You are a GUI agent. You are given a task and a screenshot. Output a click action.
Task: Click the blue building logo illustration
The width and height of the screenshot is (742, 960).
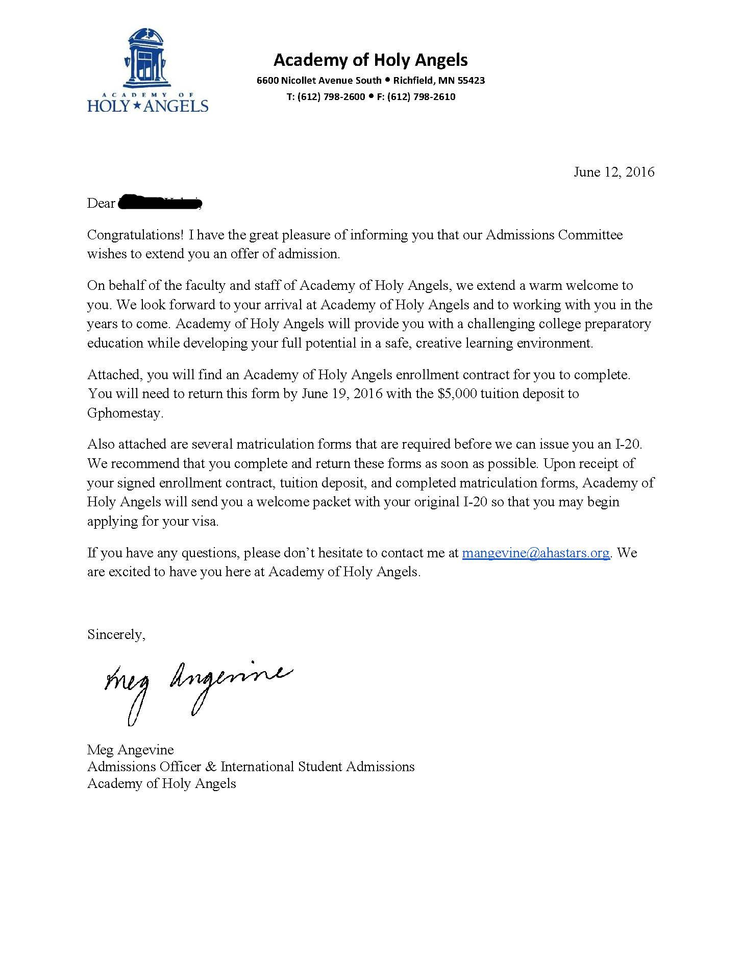[147, 58]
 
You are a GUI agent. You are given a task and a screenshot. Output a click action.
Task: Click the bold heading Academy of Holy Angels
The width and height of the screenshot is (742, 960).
[370, 60]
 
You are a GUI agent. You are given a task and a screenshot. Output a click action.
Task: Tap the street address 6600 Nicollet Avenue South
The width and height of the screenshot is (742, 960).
[319, 80]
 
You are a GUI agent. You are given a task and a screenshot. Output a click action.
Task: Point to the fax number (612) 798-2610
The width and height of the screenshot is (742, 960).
[421, 96]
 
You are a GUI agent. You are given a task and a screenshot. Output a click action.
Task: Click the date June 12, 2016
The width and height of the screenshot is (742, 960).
[614, 172]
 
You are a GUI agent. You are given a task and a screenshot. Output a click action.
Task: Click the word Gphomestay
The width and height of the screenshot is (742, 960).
[125, 413]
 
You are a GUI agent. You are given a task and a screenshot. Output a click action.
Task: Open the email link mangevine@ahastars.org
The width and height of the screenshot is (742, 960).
[536, 553]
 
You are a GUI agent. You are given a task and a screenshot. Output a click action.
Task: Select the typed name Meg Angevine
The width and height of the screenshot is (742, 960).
[131, 749]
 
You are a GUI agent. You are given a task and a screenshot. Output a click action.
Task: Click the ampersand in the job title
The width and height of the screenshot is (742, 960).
[213, 767]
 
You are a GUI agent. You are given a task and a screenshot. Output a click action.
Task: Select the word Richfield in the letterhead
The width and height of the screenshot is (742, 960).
[413, 80]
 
